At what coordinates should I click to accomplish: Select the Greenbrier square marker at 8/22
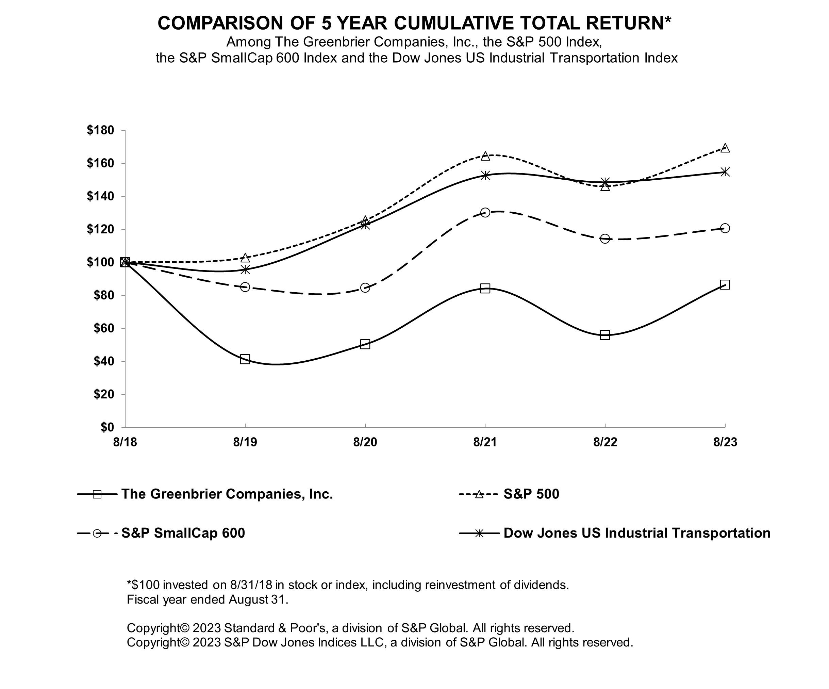click(605, 335)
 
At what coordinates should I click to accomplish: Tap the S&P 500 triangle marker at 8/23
click(725, 148)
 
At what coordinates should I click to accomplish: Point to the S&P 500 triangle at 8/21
click(485, 156)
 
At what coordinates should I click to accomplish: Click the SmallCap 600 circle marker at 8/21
click(485, 212)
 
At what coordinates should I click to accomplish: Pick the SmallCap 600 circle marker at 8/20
click(365, 288)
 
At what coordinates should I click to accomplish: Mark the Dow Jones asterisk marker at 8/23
click(725, 172)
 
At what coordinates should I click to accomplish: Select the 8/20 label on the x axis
click(365, 442)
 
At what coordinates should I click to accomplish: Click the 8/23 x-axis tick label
click(725, 442)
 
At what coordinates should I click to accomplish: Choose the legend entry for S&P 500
click(531, 494)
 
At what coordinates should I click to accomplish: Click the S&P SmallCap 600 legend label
click(183, 533)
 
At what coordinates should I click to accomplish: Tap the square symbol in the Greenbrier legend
click(97, 494)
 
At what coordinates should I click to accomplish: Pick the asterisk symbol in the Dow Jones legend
click(479, 534)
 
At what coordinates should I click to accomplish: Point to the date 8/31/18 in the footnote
click(252, 585)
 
